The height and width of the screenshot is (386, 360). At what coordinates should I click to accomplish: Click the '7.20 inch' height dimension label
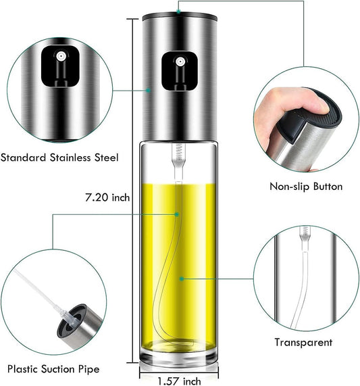pyautogui.click(x=107, y=197)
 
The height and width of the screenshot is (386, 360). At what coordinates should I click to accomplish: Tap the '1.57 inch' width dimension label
pyautogui.click(x=179, y=381)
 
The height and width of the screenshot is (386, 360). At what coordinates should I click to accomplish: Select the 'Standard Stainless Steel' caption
pyautogui.click(x=59, y=158)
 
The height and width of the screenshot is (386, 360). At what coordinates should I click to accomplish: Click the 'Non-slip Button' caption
pyautogui.click(x=306, y=187)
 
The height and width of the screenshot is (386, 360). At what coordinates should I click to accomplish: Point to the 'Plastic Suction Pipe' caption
pyautogui.click(x=53, y=369)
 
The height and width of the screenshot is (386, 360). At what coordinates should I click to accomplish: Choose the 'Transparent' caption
pyautogui.click(x=303, y=343)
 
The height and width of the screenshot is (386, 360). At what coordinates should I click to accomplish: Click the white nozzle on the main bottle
pyautogui.click(x=180, y=62)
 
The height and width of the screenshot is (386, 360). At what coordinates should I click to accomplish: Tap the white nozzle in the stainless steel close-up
pyautogui.click(x=60, y=56)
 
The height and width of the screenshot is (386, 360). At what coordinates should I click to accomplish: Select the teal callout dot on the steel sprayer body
pyautogui.click(x=148, y=91)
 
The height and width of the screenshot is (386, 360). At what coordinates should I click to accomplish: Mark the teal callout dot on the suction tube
pyautogui.click(x=176, y=215)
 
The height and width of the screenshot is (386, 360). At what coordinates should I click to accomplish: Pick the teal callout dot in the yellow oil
pyautogui.click(x=182, y=279)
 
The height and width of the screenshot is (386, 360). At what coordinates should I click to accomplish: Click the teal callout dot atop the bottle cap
pyautogui.click(x=178, y=11)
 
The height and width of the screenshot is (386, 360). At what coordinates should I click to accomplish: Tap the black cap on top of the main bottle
pyautogui.click(x=180, y=17)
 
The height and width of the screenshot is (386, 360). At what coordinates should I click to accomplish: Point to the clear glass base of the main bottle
pyautogui.click(x=179, y=357)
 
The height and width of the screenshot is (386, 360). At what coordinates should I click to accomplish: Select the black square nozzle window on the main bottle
pyautogui.click(x=180, y=71)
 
